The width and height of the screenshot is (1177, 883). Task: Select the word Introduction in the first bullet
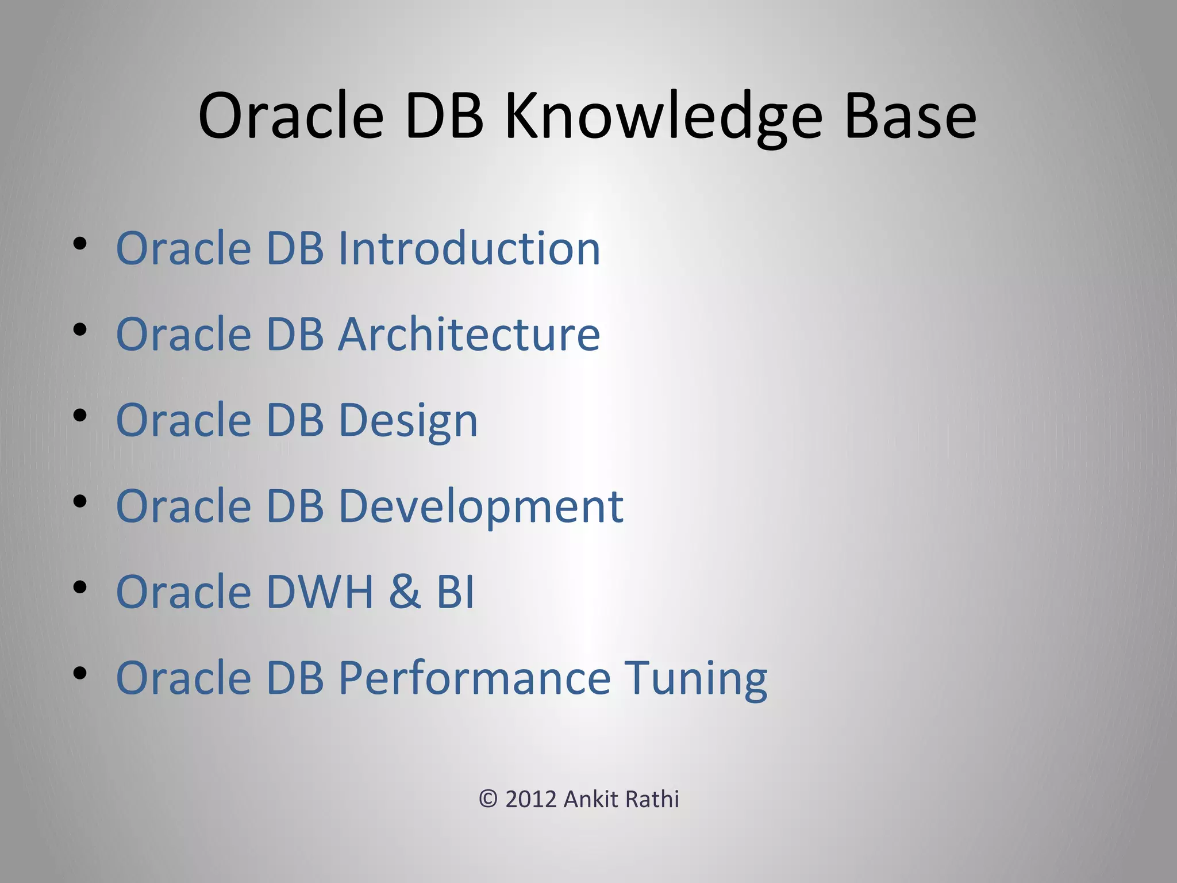coord(469,248)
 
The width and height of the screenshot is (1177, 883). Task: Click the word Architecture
coord(469,334)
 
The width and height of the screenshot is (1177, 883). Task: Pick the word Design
coord(408,421)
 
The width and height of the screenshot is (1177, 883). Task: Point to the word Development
coord(480,506)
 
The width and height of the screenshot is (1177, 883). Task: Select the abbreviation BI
coord(456,592)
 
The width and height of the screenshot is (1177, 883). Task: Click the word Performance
coord(474,678)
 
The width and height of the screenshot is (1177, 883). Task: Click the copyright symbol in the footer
coord(488,800)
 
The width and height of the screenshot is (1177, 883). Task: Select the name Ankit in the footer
coord(590,800)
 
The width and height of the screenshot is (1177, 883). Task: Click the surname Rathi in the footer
coord(652,800)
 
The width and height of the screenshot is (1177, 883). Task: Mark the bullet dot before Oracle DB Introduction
coord(80,244)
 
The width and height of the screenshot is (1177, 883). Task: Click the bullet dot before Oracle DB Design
coord(80,416)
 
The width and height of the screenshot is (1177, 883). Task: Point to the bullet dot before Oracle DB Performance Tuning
coord(80,673)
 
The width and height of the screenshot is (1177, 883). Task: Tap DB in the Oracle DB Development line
coord(295,506)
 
